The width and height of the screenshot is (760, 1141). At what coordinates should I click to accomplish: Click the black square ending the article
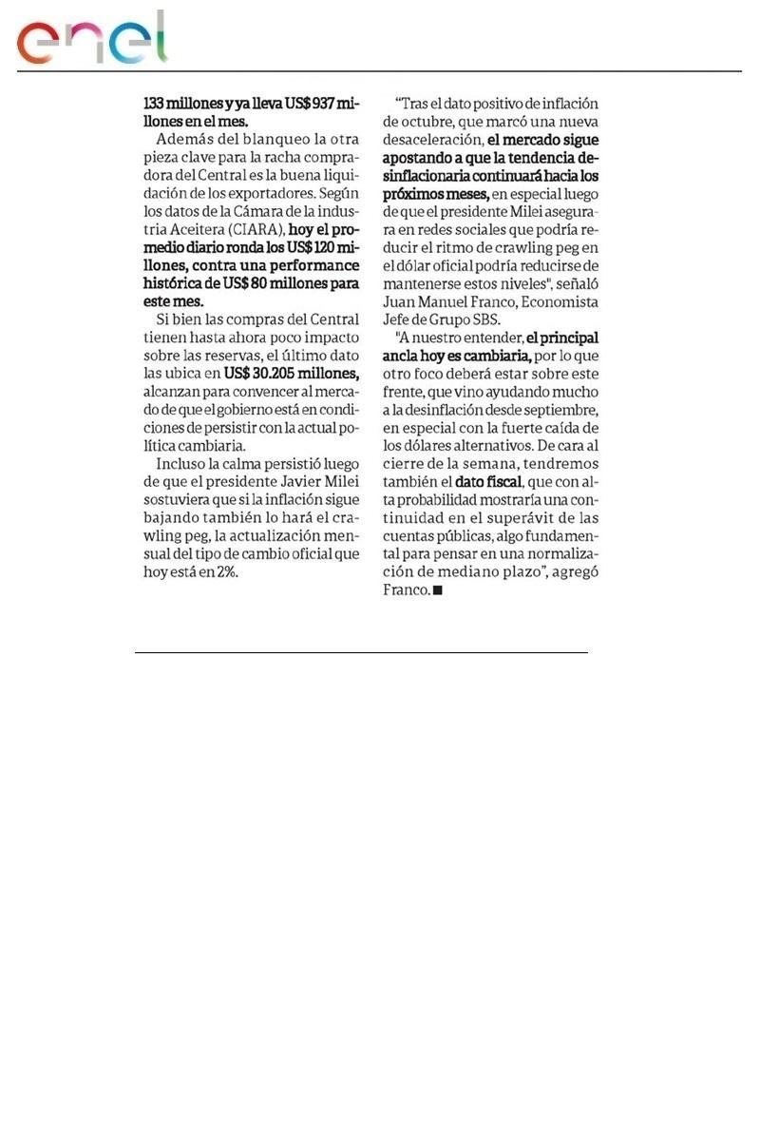(438, 590)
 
